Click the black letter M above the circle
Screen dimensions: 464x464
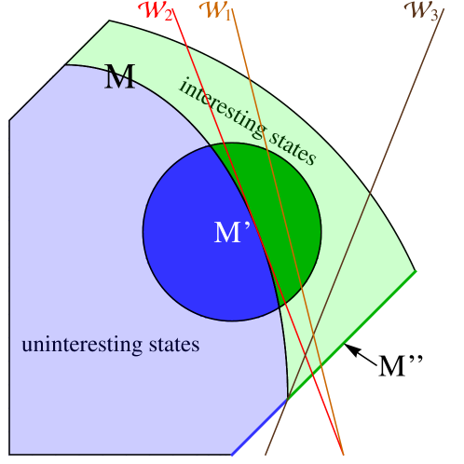coord(119,76)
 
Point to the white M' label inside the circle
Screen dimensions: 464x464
coord(232,233)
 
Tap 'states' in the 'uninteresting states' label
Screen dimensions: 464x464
coord(173,346)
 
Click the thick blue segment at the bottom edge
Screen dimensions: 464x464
coord(260,427)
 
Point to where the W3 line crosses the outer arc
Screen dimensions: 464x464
coord(370,195)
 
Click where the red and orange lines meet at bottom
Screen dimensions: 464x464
coord(343,454)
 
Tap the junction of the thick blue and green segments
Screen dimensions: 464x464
coord(288,399)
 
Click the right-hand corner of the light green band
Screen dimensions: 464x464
coord(416,271)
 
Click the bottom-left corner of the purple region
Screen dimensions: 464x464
coord(10,454)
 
